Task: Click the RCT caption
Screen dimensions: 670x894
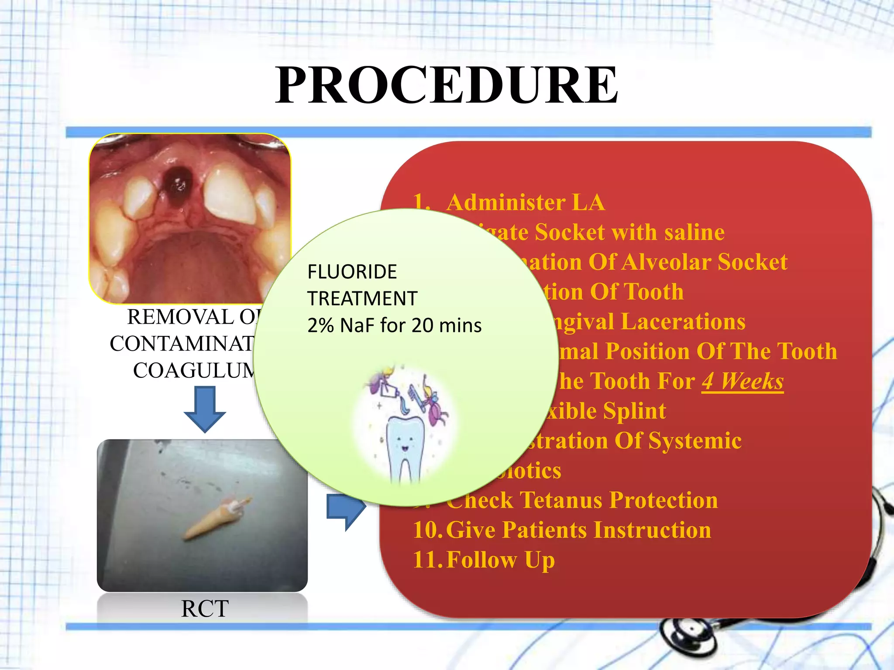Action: click(x=204, y=608)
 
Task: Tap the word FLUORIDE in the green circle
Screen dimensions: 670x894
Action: click(x=352, y=272)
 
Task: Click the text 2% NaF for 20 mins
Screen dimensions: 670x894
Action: click(x=394, y=325)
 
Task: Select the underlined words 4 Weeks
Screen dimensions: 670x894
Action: click(x=742, y=381)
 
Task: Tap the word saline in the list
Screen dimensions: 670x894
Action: click(x=694, y=232)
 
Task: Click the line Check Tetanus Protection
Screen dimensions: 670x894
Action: click(x=581, y=500)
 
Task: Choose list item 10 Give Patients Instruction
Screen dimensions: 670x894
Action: click(x=562, y=530)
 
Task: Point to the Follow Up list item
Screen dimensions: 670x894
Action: click(x=500, y=560)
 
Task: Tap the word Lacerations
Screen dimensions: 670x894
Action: click(x=683, y=321)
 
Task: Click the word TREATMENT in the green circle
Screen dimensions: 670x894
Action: click(x=362, y=299)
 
